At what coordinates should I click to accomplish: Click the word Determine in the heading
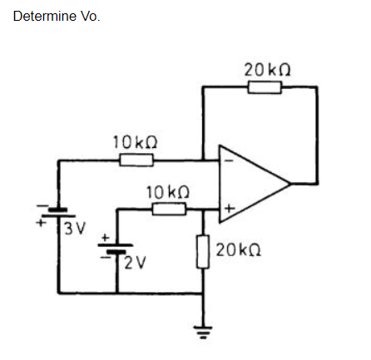[x=44, y=17]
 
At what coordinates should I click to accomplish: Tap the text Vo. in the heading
[x=89, y=17]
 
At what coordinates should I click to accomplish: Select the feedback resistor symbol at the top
[x=264, y=86]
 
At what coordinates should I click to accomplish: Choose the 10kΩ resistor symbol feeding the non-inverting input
[x=169, y=210]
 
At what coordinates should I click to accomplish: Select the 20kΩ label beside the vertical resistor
[x=239, y=249]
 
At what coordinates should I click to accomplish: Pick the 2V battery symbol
[x=117, y=249]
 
